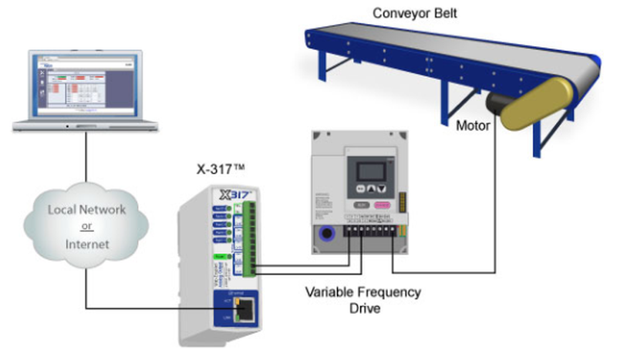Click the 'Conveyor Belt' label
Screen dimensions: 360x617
click(x=407, y=13)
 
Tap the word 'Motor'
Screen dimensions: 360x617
click(x=473, y=125)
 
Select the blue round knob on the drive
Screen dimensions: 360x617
click(x=326, y=234)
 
